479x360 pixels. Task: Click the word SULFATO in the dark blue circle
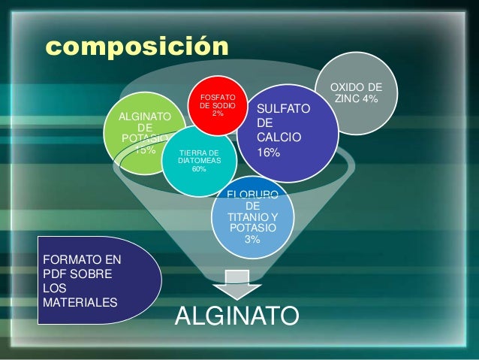click(x=283, y=110)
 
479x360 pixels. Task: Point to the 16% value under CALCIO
click(x=268, y=153)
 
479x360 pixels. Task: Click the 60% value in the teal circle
click(x=199, y=169)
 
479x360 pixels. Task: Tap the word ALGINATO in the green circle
click(x=146, y=116)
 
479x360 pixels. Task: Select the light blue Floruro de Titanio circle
click(x=252, y=218)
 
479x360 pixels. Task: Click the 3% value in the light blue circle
click(x=252, y=240)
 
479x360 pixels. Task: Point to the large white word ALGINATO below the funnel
click(x=236, y=316)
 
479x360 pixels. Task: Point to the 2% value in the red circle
click(x=218, y=113)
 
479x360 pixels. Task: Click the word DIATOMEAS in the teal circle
click(x=199, y=161)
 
